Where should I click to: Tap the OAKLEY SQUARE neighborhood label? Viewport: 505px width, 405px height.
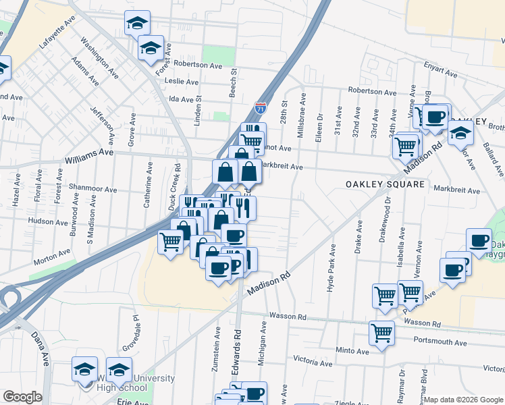(385, 184)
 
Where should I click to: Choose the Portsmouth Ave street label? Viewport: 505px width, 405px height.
(440, 342)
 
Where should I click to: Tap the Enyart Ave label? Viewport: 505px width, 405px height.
(440, 67)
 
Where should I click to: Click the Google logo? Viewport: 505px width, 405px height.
(22, 397)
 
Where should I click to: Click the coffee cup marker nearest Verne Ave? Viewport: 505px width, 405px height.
(435, 116)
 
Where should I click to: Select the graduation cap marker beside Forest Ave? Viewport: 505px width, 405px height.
(151, 47)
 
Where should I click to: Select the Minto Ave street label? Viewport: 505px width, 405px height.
(352, 351)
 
